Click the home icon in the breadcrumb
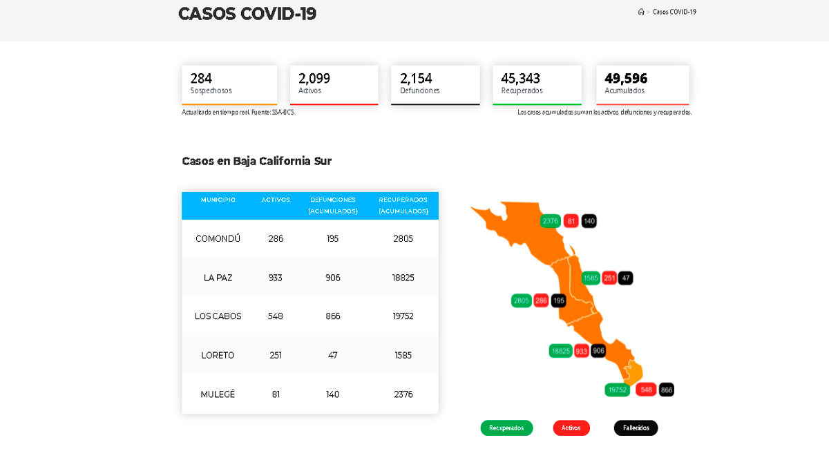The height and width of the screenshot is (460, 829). pyautogui.click(x=641, y=12)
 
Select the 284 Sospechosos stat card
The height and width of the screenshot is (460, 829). pyautogui.click(x=229, y=84)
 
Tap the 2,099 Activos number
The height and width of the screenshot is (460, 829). pyautogui.click(x=314, y=78)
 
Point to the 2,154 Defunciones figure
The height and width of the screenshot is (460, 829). pyautogui.click(x=416, y=78)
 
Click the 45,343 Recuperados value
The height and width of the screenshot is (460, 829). pyautogui.click(x=520, y=78)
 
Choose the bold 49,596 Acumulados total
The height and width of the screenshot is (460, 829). pyautogui.click(x=626, y=78)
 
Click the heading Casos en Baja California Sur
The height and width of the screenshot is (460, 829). pyautogui.click(x=256, y=161)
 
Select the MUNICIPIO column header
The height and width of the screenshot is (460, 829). pyautogui.click(x=218, y=200)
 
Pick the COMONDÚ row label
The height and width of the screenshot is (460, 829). pyautogui.click(x=218, y=239)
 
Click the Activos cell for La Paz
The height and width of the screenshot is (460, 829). pyautogui.click(x=276, y=278)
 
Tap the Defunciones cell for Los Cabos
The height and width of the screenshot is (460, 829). pyautogui.click(x=332, y=316)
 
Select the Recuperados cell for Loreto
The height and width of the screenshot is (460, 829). pyautogui.click(x=403, y=355)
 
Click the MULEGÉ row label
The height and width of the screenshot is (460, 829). pyautogui.click(x=218, y=394)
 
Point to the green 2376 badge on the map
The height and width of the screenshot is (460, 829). pyautogui.click(x=551, y=221)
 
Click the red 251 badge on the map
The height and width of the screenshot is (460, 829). pyautogui.click(x=609, y=278)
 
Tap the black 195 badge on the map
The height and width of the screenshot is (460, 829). pyautogui.click(x=559, y=300)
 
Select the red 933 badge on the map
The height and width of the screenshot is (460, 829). pyautogui.click(x=582, y=351)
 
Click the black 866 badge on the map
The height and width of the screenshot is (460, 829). pyautogui.click(x=667, y=390)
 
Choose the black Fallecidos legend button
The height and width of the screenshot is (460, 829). pyautogui.click(x=636, y=428)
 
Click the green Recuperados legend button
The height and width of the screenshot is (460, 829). pyautogui.click(x=506, y=428)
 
